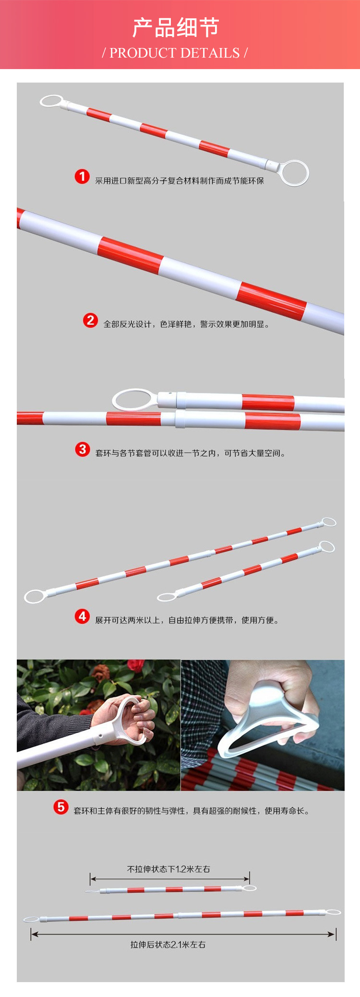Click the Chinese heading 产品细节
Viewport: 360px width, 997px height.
pyautogui.click(x=176, y=28)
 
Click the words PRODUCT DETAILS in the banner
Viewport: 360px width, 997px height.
pyautogui.click(x=175, y=53)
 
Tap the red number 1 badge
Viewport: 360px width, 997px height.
pyautogui.click(x=82, y=177)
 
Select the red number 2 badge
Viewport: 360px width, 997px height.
pyautogui.click(x=90, y=320)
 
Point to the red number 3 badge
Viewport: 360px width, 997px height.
pyautogui.click(x=82, y=449)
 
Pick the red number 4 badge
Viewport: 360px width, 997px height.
pyautogui.click(x=82, y=616)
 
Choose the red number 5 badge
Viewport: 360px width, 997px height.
pyautogui.click(x=61, y=807)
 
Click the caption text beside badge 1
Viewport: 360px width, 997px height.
pyautogui.click(x=180, y=181)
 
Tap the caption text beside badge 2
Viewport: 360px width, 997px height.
pyautogui.click(x=186, y=324)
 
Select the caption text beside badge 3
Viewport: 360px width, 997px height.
pyautogui.click(x=191, y=453)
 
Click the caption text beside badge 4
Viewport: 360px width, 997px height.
pyautogui.click(x=187, y=620)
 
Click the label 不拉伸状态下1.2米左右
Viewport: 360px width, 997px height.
pyautogui.click(x=168, y=869)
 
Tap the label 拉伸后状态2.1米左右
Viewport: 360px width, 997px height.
pyautogui.click(x=168, y=944)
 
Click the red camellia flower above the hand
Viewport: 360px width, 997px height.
pyautogui.click(x=136, y=665)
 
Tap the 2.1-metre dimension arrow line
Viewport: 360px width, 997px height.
pyautogui.click(x=183, y=934)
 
